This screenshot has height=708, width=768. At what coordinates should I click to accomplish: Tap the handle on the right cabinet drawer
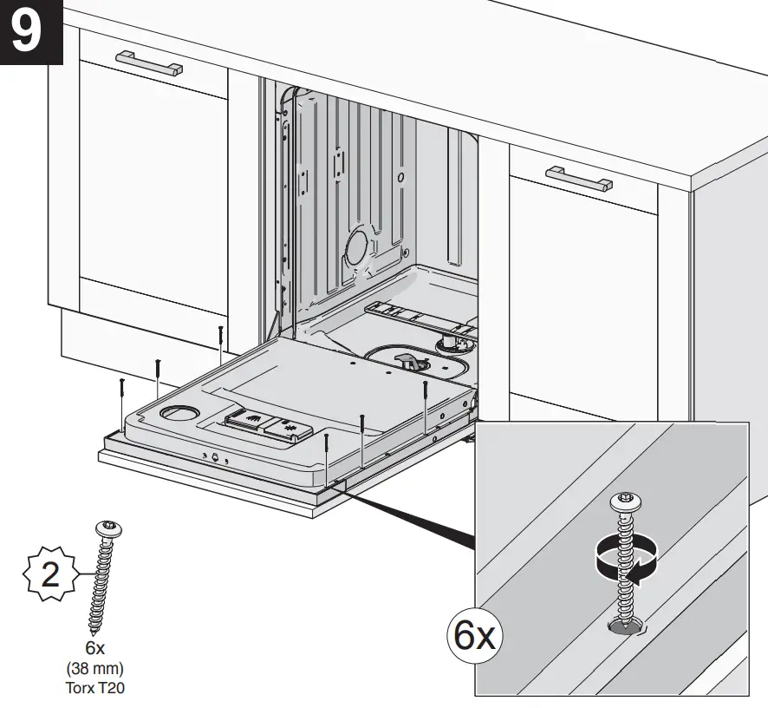click(579, 179)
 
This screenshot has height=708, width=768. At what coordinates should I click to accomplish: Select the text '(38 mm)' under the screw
click(94, 669)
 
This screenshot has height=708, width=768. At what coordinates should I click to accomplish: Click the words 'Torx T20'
click(94, 686)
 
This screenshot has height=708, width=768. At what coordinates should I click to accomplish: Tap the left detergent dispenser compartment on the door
click(249, 422)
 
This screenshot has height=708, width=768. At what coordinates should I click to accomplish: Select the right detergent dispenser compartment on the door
click(290, 428)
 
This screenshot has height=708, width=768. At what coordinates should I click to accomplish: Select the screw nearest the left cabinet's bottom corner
click(221, 340)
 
